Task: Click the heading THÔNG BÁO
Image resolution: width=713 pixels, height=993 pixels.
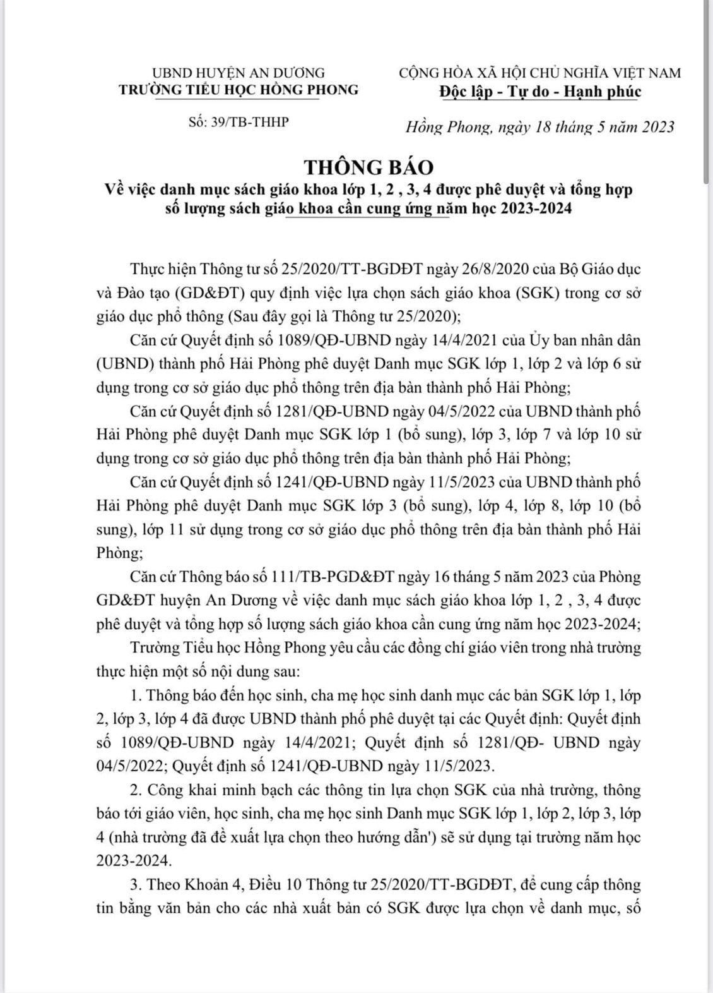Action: tap(369, 167)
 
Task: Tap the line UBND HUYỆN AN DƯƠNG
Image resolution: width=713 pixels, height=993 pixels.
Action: tap(239, 73)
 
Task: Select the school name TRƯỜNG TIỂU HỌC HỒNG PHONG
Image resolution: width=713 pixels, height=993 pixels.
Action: tap(239, 90)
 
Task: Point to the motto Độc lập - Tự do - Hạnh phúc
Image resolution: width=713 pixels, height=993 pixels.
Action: tap(540, 91)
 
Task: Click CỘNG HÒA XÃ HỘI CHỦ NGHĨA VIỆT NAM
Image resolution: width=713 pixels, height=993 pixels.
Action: tap(540, 73)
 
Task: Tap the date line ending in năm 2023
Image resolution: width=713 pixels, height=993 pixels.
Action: tap(539, 127)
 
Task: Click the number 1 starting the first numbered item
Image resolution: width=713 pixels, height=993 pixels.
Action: tap(134, 695)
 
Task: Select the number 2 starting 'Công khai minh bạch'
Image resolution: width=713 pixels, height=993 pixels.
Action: tap(134, 790)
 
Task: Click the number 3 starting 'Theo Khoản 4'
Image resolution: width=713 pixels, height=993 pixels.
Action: tap(134, 885)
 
